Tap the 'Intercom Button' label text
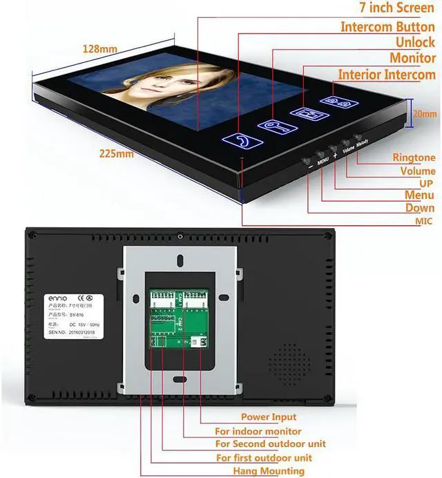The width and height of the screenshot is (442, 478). (x=387, y=27)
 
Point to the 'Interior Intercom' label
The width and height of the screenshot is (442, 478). (x=386, y=75)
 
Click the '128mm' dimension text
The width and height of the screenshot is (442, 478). (x=100, y=49)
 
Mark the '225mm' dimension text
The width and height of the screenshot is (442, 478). (x=117, y=154)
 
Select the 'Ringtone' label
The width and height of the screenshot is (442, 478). (x=414, y=158)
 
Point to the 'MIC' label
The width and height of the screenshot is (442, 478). (x=423, y=221)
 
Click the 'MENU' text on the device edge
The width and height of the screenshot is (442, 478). (x=323, y=161)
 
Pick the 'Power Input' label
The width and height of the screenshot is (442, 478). (x=269, y=417)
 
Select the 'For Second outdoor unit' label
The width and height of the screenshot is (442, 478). (x=270, y=443)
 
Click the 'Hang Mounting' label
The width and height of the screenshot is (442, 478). (x=260, y=471)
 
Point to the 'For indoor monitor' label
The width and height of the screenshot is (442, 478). (x=264, y=430)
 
